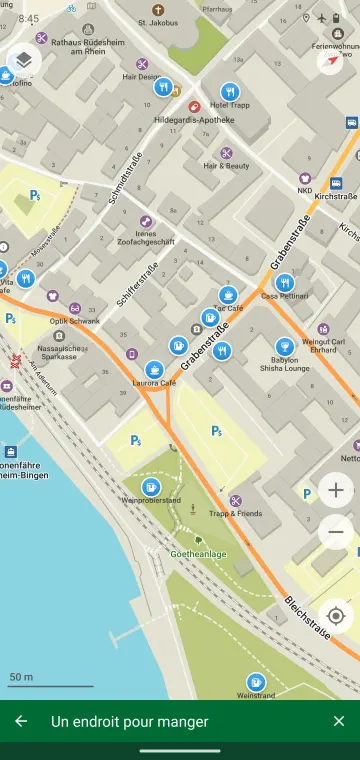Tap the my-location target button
point(336,614)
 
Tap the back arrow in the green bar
point(21,721)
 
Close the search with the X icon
point(338,721)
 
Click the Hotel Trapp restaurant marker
point(229,91)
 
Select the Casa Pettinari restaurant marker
point(284,282)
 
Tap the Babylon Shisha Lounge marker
point(284,347)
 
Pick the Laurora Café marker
point(154,369)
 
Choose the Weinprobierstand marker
point(151,486)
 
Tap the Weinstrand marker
point(256,682)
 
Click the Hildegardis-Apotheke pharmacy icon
point(194,106)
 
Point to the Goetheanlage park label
point(197,553)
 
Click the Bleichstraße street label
point(306,620)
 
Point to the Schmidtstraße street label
point(126,178)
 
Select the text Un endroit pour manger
point(130,721)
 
